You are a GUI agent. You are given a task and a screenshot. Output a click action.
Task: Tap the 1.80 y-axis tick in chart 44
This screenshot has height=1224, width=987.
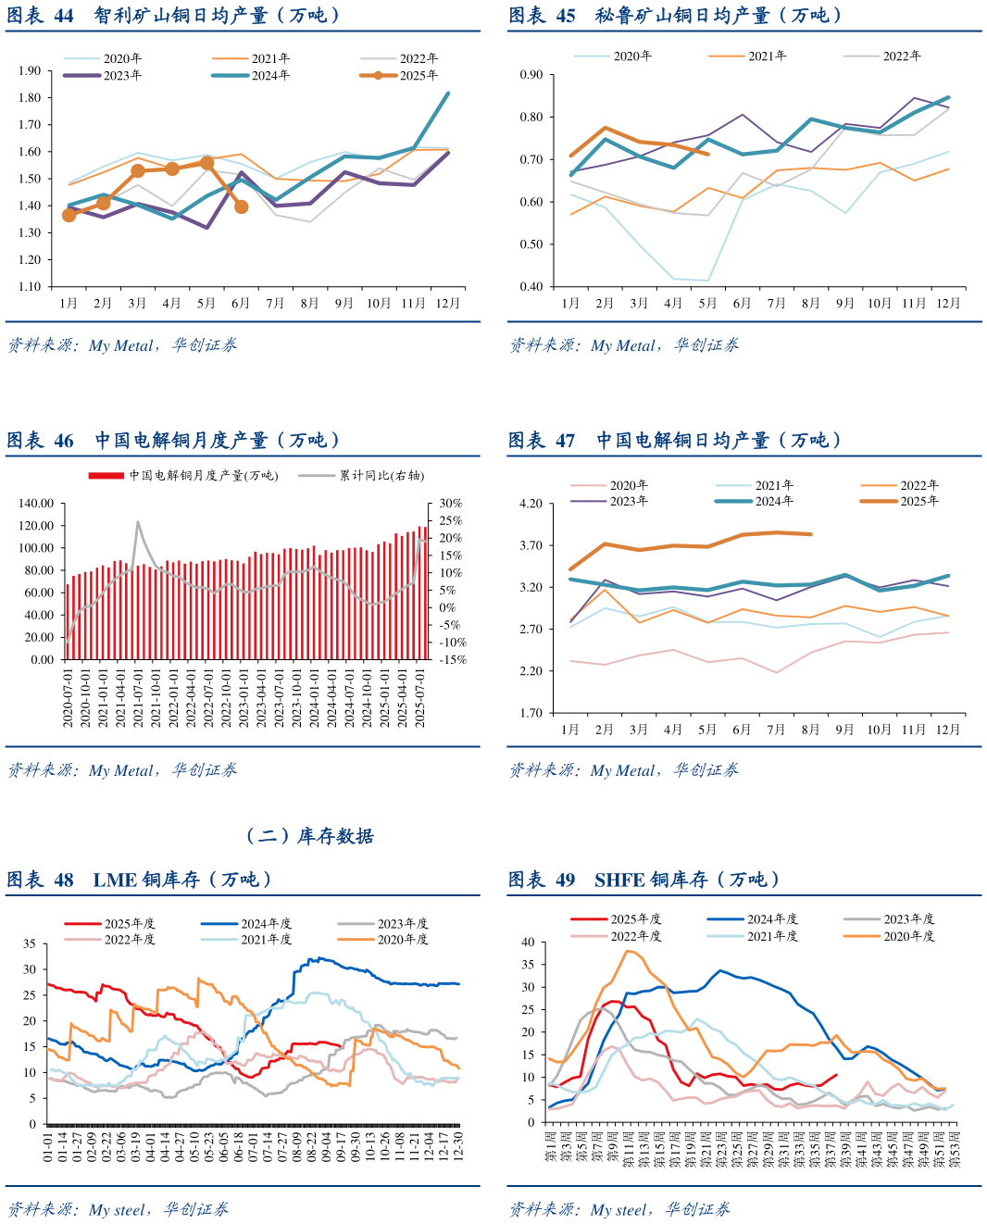[30, 97]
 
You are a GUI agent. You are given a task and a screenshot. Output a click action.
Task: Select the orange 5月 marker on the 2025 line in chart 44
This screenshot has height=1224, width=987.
[206, 163]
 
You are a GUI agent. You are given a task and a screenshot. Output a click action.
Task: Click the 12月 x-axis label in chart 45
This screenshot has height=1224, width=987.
[948, 303]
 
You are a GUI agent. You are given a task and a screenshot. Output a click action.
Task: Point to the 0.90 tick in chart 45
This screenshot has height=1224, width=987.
[531, 75]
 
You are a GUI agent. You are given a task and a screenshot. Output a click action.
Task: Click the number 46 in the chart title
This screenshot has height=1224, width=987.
[64, 441]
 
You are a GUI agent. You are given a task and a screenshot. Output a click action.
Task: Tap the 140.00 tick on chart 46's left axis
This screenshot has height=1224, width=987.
[36, 504]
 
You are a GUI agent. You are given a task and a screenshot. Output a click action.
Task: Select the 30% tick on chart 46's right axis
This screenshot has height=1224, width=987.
[451, 504]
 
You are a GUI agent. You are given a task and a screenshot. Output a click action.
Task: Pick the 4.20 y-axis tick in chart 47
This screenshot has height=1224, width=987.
[531, 504]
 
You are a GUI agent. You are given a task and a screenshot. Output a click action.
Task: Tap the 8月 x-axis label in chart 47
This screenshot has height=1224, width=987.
[810, 730]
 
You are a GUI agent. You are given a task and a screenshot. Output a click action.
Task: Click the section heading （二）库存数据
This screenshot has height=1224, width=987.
[309, 836]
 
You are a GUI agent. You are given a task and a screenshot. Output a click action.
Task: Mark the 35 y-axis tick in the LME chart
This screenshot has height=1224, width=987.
[30, 944]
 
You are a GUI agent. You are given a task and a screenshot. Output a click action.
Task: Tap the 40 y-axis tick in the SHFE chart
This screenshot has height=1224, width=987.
[529, 943]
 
